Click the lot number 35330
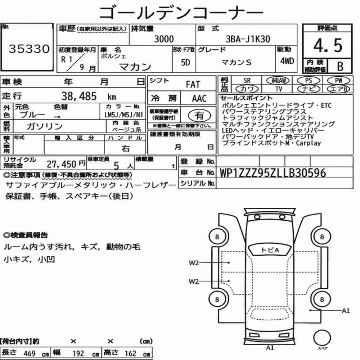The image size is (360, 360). (x=29, y=49)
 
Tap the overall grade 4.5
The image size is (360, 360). (x=328, y=45)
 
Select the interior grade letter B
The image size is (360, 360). (x=340, y=66)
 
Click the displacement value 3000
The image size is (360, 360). (x=164, y=39)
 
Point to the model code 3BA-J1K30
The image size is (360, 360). (x=248, y=39)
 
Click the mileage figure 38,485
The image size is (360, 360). (x=79, y=96)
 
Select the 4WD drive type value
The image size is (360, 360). (x=287, y=61)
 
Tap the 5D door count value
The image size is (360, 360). (x=185, y=62)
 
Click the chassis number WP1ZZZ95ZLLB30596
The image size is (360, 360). (x=273, y=173)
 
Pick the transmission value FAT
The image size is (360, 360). (x=193, y=85)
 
